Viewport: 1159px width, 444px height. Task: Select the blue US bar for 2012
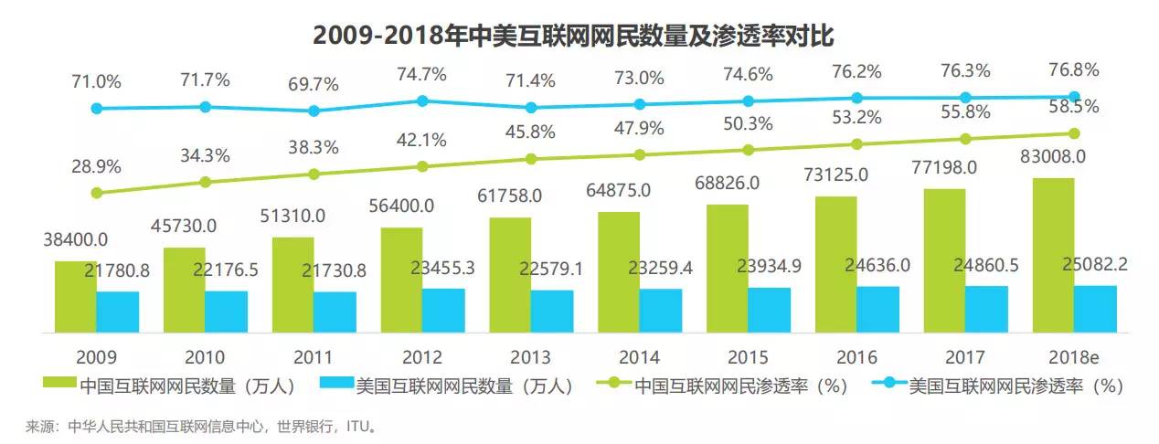click(443, 310)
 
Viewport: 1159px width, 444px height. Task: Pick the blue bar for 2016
click(877, 309)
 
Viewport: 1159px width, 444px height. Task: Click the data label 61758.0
click(510, 196)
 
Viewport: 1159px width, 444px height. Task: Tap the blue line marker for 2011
click(314, 111)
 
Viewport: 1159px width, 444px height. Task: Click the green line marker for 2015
click(748, 149)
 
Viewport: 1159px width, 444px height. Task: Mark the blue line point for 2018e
click(1075, 97)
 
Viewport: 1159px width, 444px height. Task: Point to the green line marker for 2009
click(96, 193)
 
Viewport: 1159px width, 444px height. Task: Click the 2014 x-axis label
click(639, 357)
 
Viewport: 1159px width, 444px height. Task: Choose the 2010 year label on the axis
click(205, 357)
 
